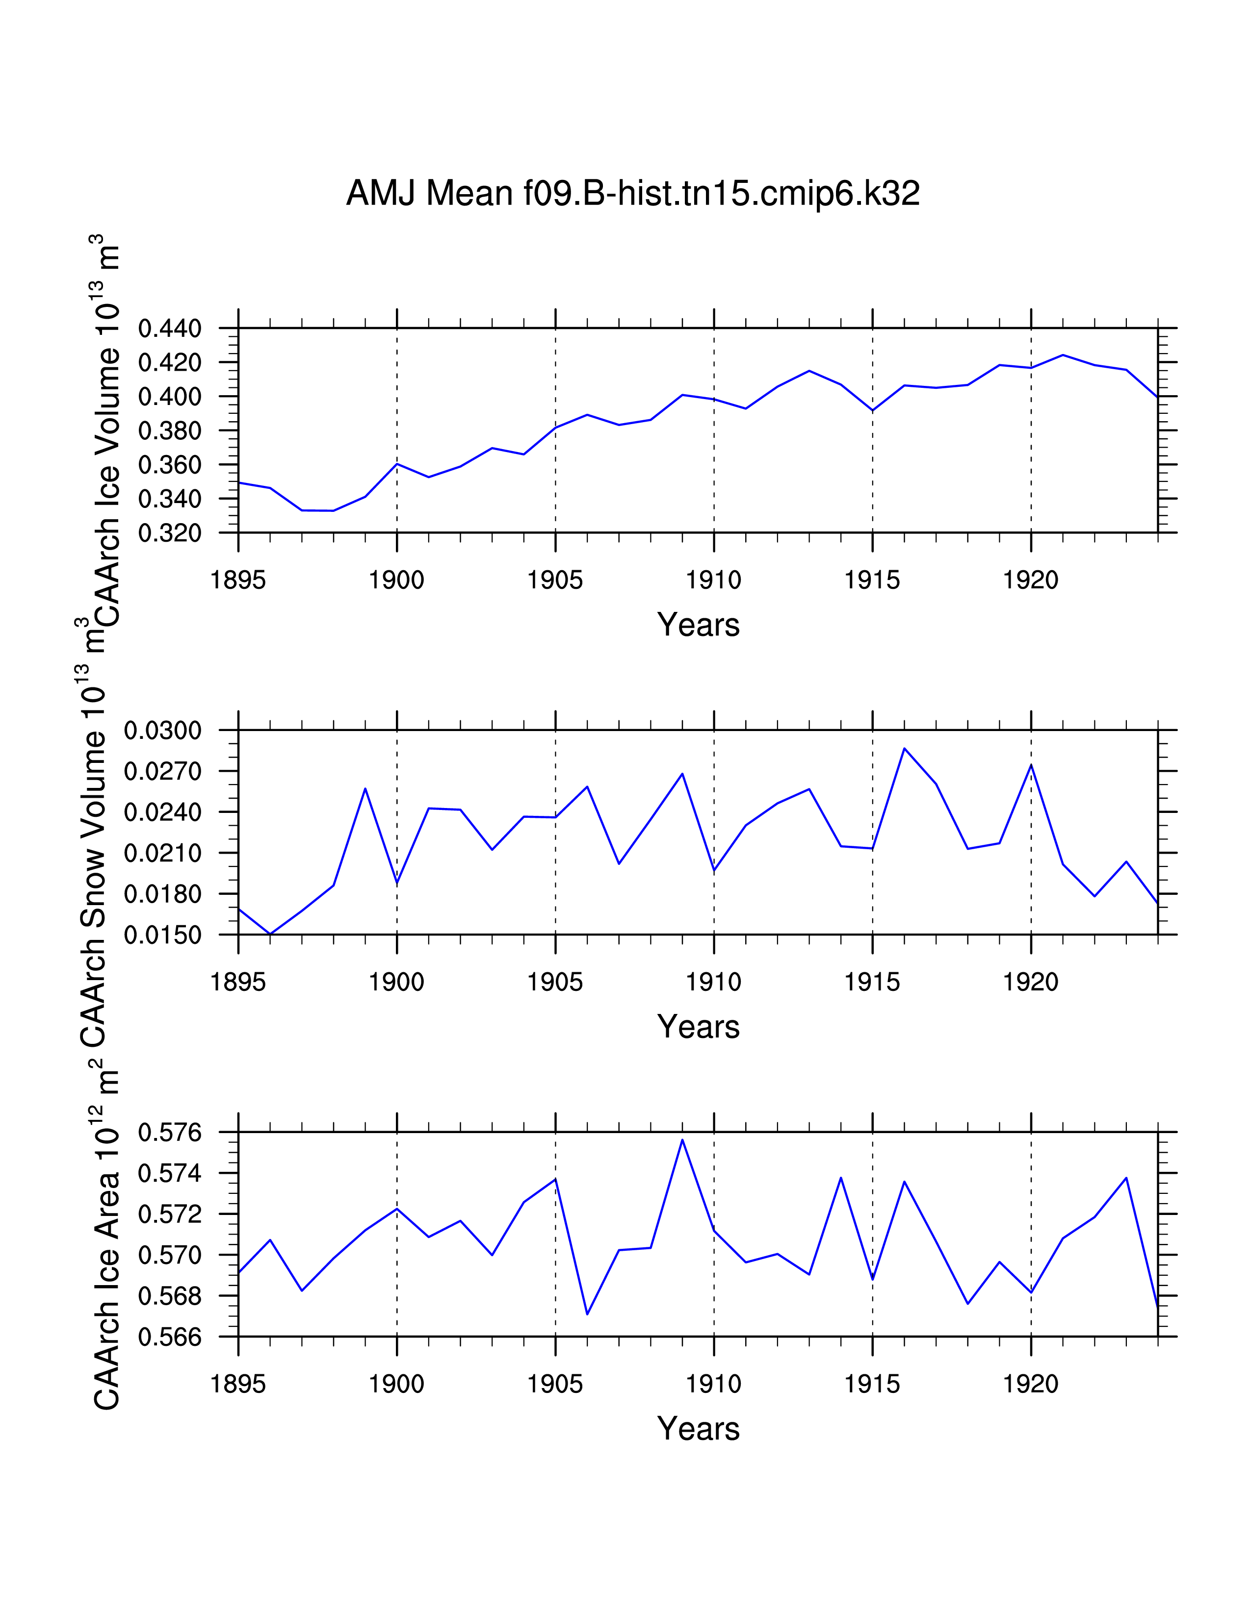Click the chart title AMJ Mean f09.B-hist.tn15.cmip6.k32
632,194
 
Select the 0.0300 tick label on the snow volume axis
162,731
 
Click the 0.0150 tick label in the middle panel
162,935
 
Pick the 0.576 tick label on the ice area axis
170,1133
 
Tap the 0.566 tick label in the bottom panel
170,1337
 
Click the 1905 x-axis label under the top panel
555,580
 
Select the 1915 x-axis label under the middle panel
872,983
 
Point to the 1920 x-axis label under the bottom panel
1031,1384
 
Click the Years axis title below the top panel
698,625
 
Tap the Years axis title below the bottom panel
698,1428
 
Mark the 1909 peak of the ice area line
682,1139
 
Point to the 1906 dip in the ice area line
587,1314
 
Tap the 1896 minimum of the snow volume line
270,934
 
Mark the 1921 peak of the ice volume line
1063,355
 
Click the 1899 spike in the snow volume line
365,788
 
